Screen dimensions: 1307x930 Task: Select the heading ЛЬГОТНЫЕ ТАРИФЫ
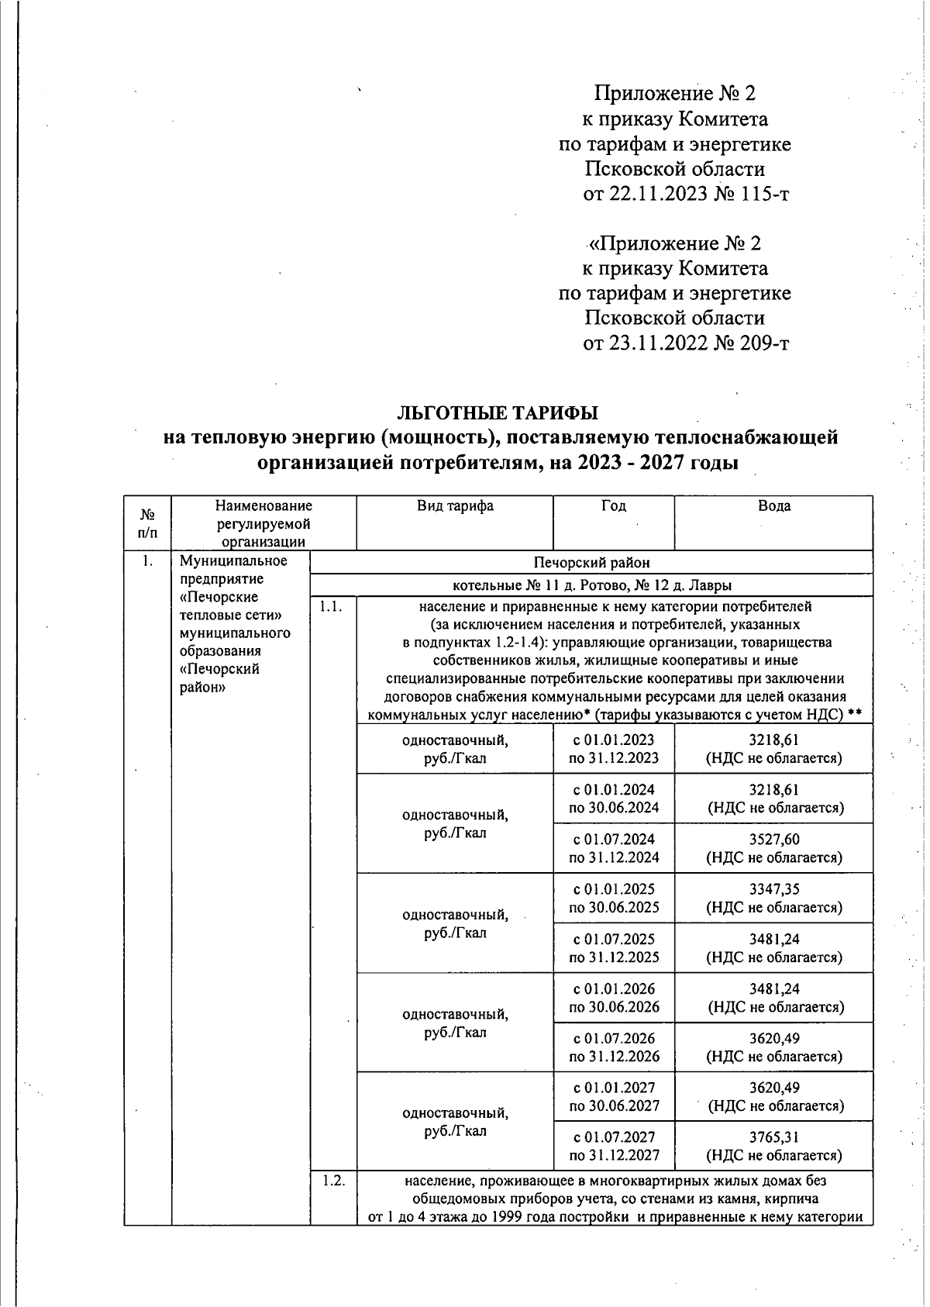coord(498,411)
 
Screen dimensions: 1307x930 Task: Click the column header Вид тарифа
coord(455,506)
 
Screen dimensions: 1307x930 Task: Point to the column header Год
coord(613,506)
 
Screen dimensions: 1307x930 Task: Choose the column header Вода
coord(773,506)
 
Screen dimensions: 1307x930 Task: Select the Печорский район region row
coord(591,562)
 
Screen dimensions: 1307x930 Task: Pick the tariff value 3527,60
coord(773,840)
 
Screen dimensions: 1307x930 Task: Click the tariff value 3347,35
coord(773,889)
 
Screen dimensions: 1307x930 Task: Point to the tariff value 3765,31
coord(773,1137)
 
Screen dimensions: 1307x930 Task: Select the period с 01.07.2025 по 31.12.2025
coord(614,947)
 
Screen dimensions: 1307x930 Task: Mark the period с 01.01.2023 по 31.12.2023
coord(614,749)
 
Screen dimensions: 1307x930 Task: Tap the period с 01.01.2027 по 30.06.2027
coord(614,1096)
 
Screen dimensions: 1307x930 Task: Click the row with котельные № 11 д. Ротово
coord(591,585)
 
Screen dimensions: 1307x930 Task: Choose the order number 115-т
coord(762,194)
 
